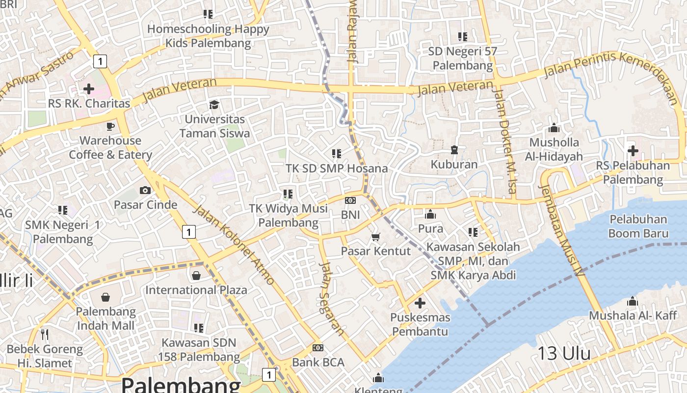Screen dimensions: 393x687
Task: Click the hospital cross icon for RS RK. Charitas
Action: coord(89,89)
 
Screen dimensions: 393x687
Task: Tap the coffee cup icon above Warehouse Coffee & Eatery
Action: coord(110,126)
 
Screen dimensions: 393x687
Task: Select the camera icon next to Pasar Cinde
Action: coord(145,190)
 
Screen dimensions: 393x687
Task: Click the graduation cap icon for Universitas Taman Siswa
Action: coord(214,105)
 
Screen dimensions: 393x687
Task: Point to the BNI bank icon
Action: coord(350,200)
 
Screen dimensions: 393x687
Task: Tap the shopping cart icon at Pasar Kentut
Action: coord(376,237)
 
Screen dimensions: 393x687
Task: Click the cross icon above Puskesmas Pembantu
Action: coord(420,303)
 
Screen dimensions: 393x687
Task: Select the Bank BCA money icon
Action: coord(318,348)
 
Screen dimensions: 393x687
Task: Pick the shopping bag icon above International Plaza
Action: coord(196,276)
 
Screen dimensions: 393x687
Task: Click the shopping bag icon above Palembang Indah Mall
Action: coord(106,297)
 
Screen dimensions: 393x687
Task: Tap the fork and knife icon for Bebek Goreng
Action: coord(45,335)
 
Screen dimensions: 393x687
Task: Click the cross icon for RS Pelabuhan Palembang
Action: coord(633,150)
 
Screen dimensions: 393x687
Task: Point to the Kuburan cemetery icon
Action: coord(454,150)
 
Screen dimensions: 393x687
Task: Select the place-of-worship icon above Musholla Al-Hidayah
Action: coord(554,128)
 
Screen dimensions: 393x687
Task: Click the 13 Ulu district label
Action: coord(564,353)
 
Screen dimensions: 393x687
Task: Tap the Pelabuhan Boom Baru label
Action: coord(638,226)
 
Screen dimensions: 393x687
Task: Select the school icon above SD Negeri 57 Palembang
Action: coord(463,36)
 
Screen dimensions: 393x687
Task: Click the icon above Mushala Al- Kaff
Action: coord(633,301)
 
